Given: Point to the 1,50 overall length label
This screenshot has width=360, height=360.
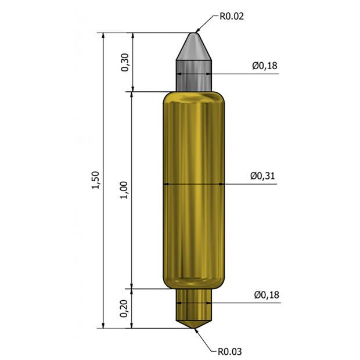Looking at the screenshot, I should click(96, 181).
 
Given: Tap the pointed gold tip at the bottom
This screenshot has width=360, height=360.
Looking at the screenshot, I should click(193, 321).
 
